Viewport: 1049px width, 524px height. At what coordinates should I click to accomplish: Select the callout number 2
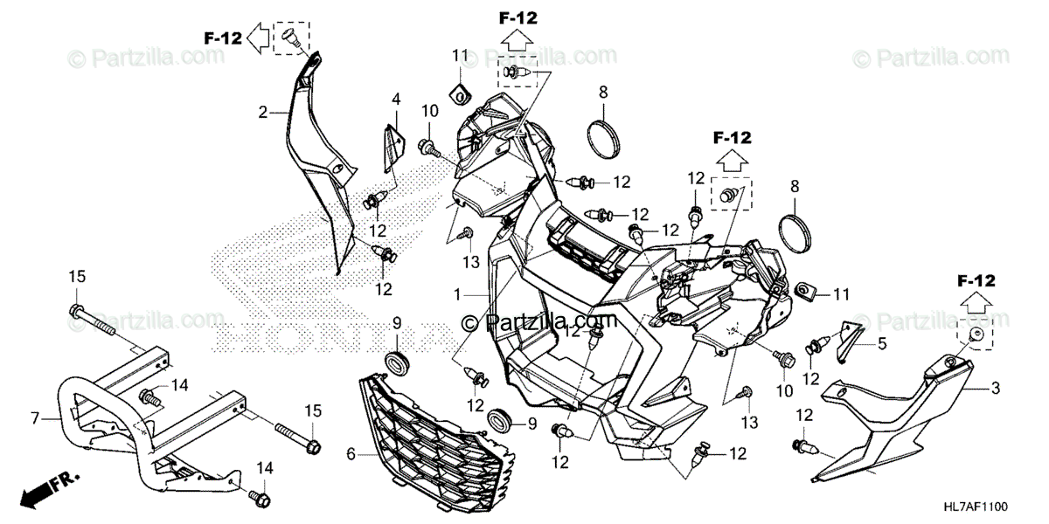tap(261, 112)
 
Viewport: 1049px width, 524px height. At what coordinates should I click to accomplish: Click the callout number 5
tap(882, 344)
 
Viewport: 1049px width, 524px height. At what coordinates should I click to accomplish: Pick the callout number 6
tap(351, 453)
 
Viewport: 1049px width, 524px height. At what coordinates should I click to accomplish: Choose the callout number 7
tap(35, 419)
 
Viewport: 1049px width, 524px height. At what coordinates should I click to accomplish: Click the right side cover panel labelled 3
tap(892, 419)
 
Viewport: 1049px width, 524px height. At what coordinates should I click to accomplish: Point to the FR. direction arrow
tap(48, 488)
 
